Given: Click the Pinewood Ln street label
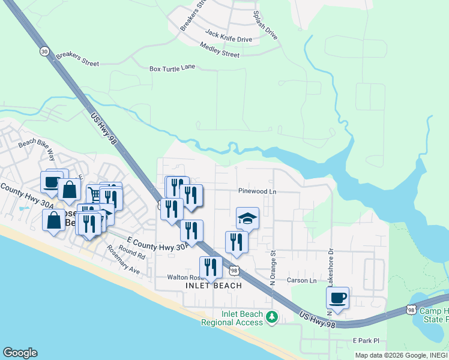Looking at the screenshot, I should [257, 191].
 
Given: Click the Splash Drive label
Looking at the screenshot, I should [265, 25].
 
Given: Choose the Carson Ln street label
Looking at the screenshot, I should [301, 280].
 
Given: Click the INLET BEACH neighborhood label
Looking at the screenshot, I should [213, 286].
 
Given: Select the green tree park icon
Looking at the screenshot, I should [273, 316].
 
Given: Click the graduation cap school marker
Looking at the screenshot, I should [247, 218].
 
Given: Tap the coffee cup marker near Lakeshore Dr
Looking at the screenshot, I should [338, 298].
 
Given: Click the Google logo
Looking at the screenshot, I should [20, 353].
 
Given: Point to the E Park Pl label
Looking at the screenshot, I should [366, 341].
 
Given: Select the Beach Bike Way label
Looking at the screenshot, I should [37, 150].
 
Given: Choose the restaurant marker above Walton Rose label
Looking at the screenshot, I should [210, 267].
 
